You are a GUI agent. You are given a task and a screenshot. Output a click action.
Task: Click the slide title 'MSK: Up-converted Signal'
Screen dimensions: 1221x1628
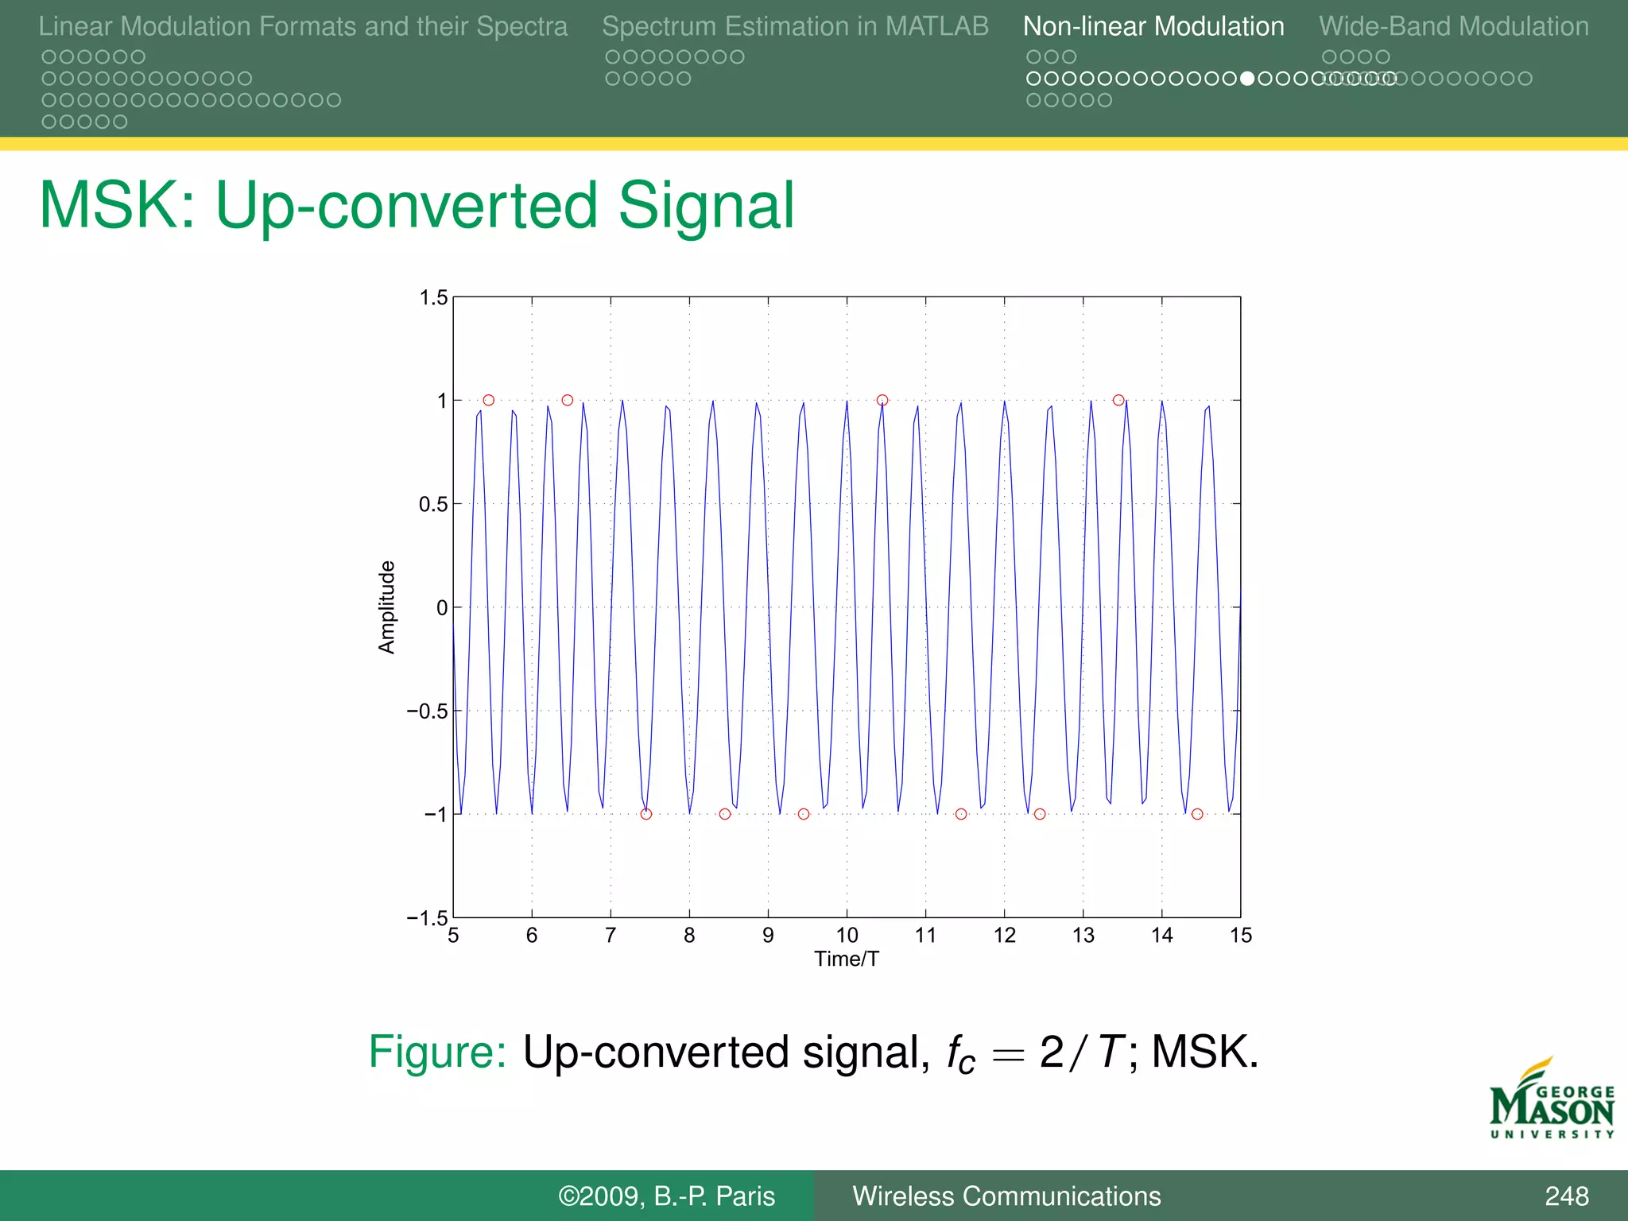(x=417, y=205)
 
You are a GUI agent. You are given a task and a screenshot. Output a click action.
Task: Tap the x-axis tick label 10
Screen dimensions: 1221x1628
(x=847, y=936)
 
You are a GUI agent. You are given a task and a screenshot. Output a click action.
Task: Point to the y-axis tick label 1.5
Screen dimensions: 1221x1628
(x=434, y=298)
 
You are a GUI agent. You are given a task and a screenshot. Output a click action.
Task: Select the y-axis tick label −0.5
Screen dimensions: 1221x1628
(x=428, y=711)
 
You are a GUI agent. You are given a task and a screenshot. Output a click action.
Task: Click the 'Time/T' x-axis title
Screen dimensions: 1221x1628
(x=847, y=959)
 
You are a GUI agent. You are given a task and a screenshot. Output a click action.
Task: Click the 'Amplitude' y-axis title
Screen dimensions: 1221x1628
(x=386, y=607)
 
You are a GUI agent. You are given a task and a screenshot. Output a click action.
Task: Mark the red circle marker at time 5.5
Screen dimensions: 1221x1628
(x=489, y=400)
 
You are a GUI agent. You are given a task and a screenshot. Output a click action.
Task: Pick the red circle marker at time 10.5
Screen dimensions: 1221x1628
(x=882, y=400)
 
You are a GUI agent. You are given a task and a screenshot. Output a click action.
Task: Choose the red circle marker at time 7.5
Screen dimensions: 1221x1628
(x=646, y=814)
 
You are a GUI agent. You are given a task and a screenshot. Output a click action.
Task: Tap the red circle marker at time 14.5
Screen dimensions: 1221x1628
(x=1197, y=814)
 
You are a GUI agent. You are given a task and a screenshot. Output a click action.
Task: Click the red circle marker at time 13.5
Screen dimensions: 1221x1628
(x=1118, y=400)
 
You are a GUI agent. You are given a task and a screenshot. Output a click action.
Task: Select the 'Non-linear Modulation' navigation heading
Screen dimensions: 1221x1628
(x=1153, y=26)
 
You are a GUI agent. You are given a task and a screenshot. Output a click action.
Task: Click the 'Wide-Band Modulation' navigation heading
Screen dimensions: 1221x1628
(x=1454, y=26)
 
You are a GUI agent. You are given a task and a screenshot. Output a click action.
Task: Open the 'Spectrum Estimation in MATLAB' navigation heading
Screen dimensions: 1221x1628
(x=795, y=26)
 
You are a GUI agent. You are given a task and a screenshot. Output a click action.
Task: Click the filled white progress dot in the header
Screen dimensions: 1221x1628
(x=1247, y=79)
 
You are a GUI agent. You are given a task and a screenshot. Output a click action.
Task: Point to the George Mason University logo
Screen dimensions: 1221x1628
(x=1552, y=1101)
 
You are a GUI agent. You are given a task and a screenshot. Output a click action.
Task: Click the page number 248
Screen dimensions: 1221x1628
(x=1566, y=1196)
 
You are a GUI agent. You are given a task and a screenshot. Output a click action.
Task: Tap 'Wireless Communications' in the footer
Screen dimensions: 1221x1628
(x=1006, y=1196)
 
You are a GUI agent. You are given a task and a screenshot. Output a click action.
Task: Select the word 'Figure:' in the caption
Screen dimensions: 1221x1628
(x=437, y=1052)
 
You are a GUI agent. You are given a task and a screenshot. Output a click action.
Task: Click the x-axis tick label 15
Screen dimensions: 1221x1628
(x=1241, y=936)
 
